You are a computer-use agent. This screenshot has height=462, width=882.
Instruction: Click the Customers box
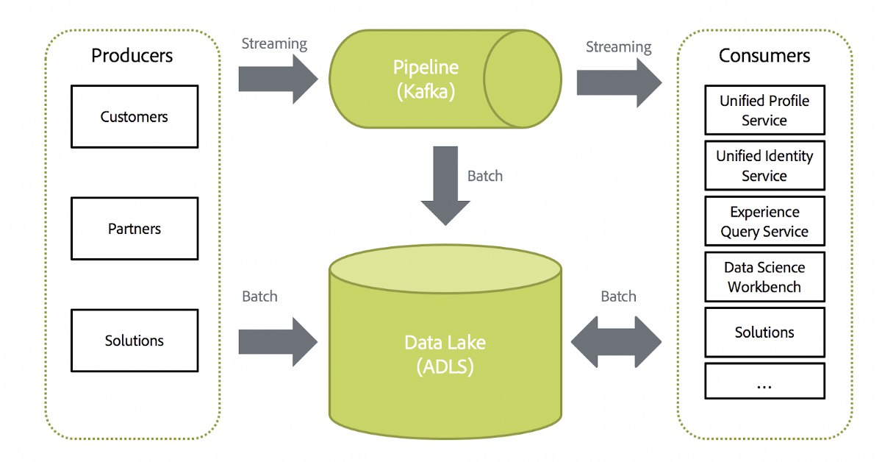[135, 117]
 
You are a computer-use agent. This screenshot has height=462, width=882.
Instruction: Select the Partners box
[135, 229]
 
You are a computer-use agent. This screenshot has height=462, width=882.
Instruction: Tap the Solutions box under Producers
[135, 341]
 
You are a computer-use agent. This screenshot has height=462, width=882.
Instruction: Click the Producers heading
[132, 55]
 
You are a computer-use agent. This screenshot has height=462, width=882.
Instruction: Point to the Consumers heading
[764, 55]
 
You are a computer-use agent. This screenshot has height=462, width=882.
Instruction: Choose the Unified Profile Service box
[764, 110]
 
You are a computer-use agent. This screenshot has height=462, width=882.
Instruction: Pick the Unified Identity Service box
[764, 166]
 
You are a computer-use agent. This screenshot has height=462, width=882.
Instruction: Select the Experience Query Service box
[764, 221]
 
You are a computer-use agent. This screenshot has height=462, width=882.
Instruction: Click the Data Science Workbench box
[764, 277]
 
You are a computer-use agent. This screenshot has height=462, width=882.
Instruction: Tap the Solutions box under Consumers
[764, 333]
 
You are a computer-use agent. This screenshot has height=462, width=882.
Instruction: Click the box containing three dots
[764, 381]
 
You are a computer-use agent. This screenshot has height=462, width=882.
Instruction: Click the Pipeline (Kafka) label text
[426, 79]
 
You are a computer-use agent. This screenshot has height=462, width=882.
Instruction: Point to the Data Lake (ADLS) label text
[445, 355]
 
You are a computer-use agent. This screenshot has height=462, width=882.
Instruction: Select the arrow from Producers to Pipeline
[278, 79]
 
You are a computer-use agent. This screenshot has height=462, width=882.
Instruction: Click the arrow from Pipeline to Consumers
[619, 83]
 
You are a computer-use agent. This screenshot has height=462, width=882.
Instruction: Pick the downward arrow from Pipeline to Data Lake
[445, 185]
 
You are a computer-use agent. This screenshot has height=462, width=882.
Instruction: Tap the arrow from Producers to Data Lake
[278, 342]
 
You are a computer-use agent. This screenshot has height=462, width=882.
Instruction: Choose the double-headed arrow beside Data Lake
[616, 342]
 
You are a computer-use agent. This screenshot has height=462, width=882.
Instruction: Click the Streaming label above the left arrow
[274, 44]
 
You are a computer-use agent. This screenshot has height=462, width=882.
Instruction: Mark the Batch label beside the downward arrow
[485, 176]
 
